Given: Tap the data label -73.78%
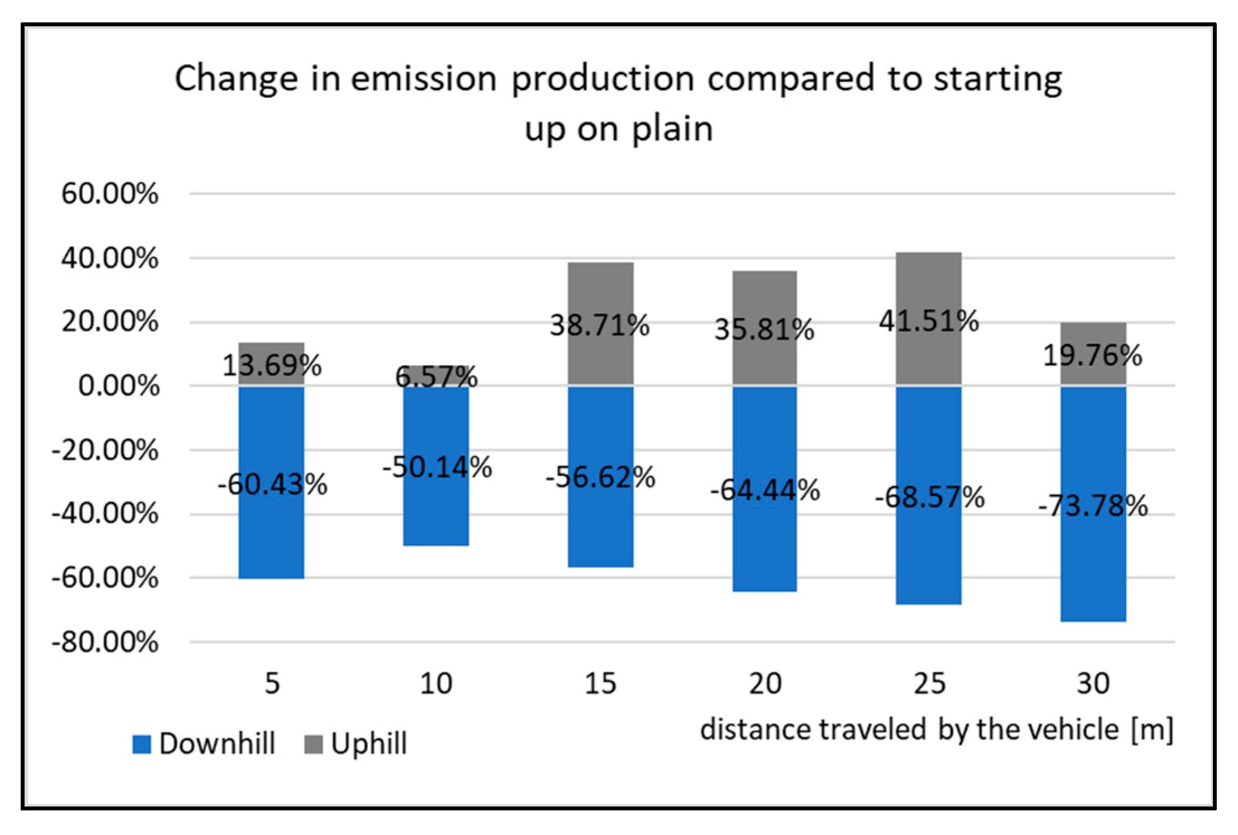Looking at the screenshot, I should [x=1093, y=506].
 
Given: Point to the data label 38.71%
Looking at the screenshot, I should [x=600, y=325].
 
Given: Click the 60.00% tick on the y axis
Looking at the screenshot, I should [x=110, y=194].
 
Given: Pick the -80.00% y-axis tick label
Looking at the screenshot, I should [x=105, y=643].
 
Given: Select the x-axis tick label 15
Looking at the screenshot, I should [x=600, y=683].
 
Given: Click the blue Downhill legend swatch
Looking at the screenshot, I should [x=141, y=744].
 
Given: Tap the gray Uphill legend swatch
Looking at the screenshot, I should [x=313, y=744].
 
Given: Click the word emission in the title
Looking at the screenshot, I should [x=423, y=78].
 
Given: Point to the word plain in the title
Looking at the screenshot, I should [x=672, y=129].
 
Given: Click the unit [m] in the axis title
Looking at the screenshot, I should [x=1152, y=730].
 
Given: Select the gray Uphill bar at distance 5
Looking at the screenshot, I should [x=272, y=349].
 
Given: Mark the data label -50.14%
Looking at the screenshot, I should [x=437, y=467].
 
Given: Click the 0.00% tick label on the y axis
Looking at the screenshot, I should [x=118, y=386].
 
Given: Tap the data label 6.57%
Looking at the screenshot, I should [x=436, y=376].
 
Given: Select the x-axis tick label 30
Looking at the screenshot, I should [x=1093, y=683].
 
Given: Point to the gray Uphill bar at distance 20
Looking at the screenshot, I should [x=765, y=296].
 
